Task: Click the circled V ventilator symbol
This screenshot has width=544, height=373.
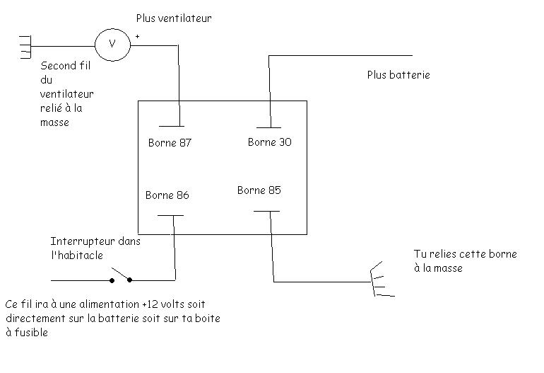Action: (x=111, y=43)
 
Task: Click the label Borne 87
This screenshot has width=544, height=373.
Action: (x=170, y=143)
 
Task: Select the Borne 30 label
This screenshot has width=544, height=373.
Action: (x=270, y=142)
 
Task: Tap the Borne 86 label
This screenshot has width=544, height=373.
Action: (x=167, y=195)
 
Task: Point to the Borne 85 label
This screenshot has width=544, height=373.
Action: (x=259, y=190)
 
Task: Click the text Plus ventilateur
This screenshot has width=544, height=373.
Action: (x=174, y=19)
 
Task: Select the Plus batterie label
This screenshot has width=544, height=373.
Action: (x=398, y=74)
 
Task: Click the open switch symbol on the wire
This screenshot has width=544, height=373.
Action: (x=121, y=276)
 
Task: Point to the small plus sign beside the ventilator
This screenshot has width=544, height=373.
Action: (x=137, y=36)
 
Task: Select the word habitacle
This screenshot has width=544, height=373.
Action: (x=79, y=254)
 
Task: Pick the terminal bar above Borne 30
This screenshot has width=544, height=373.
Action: (x=268, y=125)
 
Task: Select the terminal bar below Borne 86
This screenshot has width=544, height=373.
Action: (x=170, y=215)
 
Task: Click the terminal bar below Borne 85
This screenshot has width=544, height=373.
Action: (x=266, y=211)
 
